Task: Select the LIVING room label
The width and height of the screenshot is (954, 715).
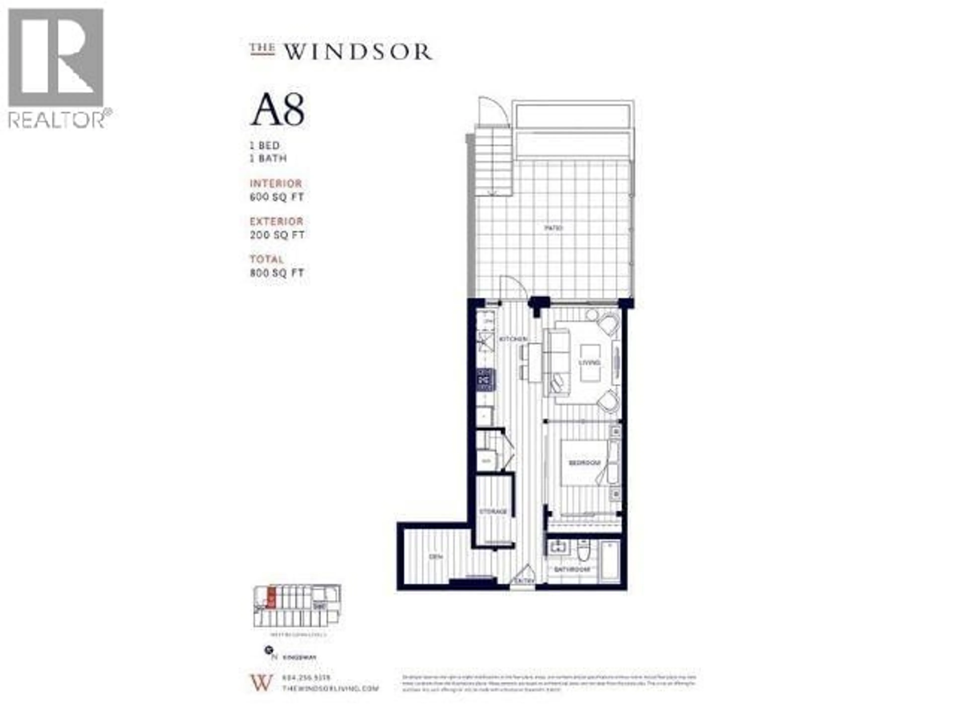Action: [x=589, y=362]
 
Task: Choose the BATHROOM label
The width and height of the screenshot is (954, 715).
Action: [x=572, y=569]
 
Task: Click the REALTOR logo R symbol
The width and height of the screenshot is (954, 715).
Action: [x=56, y=57]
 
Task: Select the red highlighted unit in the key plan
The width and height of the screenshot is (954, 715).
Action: [x=270, y=599]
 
